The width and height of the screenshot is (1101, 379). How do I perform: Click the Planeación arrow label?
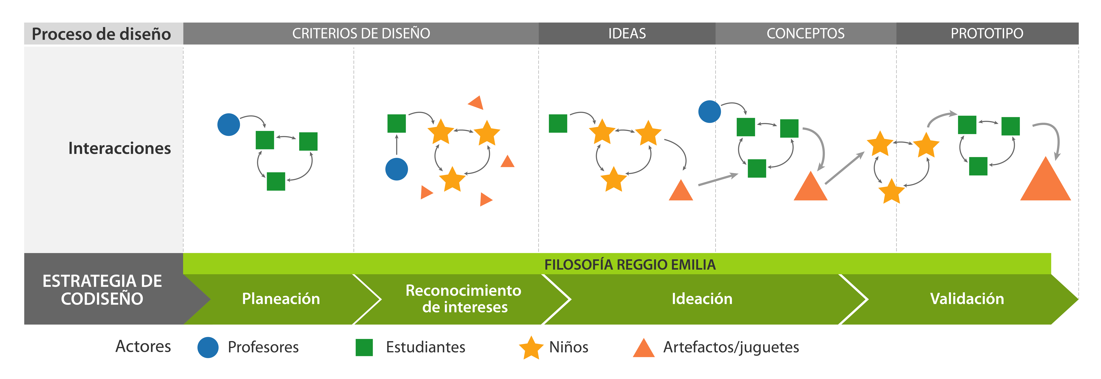pos(281,299)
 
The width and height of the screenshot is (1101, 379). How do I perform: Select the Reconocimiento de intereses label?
pos(464,299)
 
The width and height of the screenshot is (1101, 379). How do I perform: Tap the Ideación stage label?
pos(702,299)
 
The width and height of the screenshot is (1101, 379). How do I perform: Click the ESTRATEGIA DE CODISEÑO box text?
pos(102,290)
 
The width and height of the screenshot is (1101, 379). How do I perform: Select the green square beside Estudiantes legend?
pos(364,347)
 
